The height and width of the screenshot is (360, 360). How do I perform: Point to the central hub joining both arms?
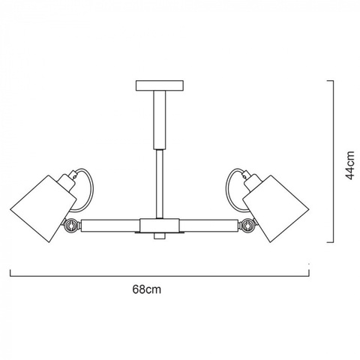point(160,224)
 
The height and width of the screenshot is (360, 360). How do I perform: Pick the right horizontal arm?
point(209,224)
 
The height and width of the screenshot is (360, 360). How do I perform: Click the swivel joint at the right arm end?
point(247,224)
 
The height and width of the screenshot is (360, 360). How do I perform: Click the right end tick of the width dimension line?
point(309,265)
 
